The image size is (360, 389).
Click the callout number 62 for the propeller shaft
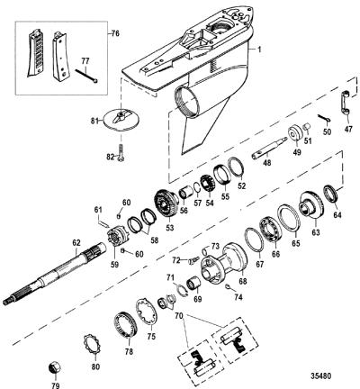coord(76,241)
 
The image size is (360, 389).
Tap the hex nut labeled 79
coord(54,368)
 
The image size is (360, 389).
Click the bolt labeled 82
coord(121,152)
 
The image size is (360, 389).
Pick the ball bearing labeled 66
coord(270,231)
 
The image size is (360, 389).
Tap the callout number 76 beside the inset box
coord(115,33)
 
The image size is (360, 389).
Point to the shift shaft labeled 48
coord(269,147)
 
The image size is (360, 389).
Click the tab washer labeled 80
coord(93,345)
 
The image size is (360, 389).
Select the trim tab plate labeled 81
coord(121,120)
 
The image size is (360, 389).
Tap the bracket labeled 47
coord(345,102)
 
